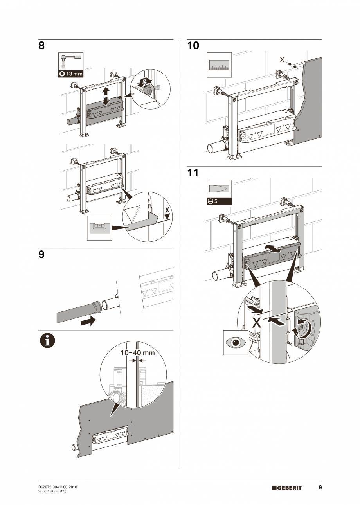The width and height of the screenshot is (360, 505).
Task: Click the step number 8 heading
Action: pos(41,46)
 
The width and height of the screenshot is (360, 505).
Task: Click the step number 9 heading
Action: pos(41,255)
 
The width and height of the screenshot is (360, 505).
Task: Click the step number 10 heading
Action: pos(193,46)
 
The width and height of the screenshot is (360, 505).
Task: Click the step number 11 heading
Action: pos(193,173)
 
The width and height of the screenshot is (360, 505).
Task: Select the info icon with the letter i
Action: pos(47,341)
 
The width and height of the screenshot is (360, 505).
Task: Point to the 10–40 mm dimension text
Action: pos(137,352)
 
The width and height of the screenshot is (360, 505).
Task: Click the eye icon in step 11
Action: pos(236,343)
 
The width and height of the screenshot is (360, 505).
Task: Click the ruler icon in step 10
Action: pos(219,65)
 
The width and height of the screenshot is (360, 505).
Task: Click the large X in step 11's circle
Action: pos(257,323)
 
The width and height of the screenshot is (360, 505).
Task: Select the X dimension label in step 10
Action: pos(283,59)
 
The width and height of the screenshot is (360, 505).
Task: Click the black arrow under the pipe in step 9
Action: pos(88,322)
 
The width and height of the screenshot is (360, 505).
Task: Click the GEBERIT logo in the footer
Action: pos(287,488)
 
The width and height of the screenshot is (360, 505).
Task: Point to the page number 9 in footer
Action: pos(320,487)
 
